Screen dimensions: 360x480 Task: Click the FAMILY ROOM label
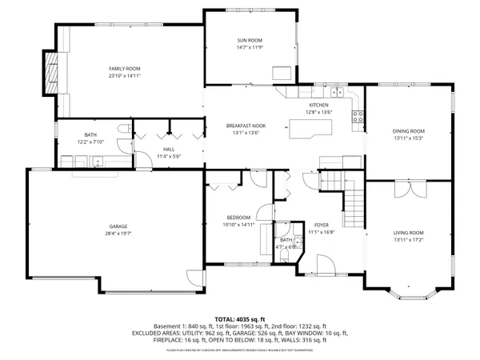pos(125,70)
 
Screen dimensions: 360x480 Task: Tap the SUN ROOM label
pos(249,41)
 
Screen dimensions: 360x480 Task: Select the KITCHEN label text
pos(319,105)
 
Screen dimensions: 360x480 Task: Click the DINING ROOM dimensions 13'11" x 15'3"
pos(408,138)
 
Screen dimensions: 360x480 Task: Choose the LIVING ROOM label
pos(408,233)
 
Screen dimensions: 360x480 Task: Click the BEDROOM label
pos(238,218)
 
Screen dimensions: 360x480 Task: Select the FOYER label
pos(321,225)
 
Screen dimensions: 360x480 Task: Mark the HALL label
pos(169,149)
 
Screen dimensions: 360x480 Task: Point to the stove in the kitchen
pos(357,119)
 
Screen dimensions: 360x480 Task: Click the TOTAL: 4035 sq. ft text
pos(239,319)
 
